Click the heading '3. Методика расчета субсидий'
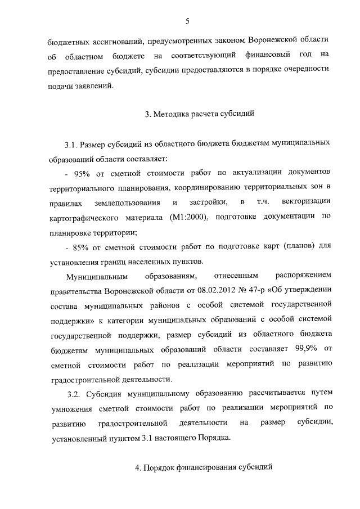pos(200,115)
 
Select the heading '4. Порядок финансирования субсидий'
pos(200,467)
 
